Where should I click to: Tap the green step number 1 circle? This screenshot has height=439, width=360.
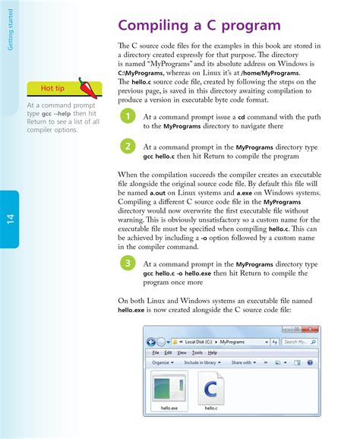pyautogui.click(x=128, y=116)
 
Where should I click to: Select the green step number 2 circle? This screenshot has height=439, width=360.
pyautogui.click(x=128, y=146)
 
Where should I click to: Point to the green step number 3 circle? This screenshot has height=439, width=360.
pyautogui.click(x=128, y=263)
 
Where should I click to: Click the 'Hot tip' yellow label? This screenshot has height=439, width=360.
pyautogui.click(x=52, y=90)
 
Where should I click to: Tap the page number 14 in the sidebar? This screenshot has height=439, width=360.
pyautogui.click(x=11, y=220)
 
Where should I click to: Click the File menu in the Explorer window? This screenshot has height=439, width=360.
pyautogui.click(x=156, y=352)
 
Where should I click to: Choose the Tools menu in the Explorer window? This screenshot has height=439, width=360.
pyautogui.click(x=197, y=352)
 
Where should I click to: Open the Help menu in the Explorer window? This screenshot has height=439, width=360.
pyautogui.click(x=213, y=352)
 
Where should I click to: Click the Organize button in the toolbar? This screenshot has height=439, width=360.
pyautogui.click(x=163, y=363)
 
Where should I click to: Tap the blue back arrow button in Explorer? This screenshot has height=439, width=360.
pyautogui.click(x=151, y=342)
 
